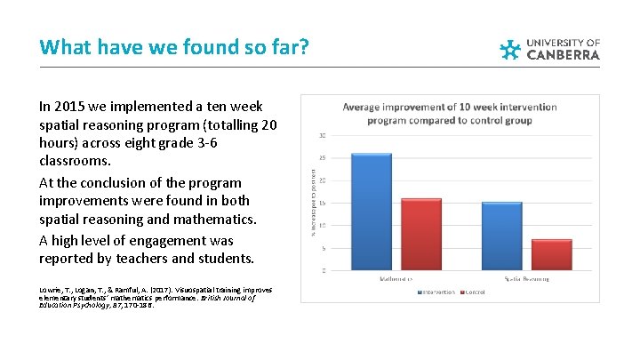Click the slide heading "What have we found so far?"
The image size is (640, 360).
pyautogui.click(x=175, y=46)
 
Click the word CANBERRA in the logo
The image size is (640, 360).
pyautogui.click(x=564, y=54)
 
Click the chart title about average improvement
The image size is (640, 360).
pyautogui.click(x=450, y=114)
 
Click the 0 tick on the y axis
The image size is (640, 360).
pyautogui.click(x=322, y=269)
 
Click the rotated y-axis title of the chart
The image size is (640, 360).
pyautogui.click(x=311, y=204)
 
